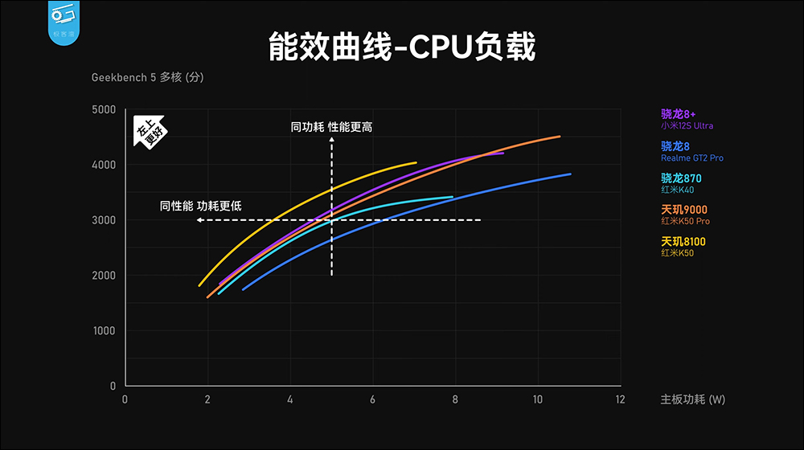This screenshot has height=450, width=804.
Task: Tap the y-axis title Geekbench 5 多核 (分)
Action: coord(153,78)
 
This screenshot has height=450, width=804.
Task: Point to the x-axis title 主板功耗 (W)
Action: coord(692,399)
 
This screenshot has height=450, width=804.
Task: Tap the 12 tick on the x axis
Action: coord(619,399)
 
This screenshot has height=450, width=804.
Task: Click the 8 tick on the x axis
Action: coord(454,399)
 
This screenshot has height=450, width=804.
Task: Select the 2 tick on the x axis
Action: coord(207,399)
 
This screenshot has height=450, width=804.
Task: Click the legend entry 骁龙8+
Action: coord(679,113)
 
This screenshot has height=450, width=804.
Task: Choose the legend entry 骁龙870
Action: coord(681,178)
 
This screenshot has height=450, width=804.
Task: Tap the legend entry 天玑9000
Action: coord(684,209)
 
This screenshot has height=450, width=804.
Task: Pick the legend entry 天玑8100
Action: coord(684,241)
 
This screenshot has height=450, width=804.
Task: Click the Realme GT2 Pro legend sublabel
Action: coord(692,158)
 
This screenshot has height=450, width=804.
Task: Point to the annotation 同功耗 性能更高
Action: coord(332,127)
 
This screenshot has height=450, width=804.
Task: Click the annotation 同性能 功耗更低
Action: coord(201,207)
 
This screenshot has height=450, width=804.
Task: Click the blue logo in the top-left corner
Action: coord(63,21)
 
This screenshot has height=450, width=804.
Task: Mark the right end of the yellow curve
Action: coord(416,162)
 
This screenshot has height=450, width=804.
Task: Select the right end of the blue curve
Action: coord(570,174)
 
